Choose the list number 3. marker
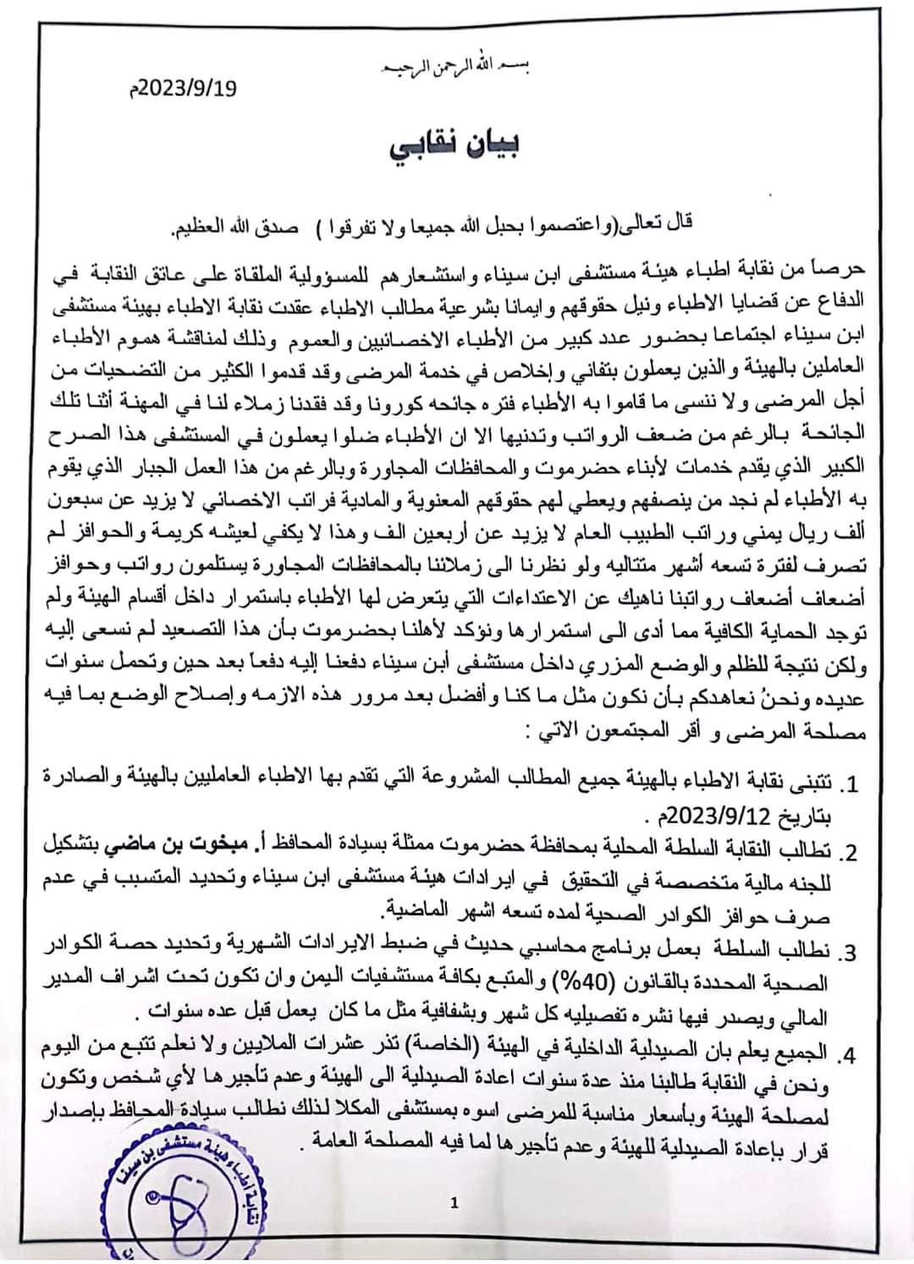coord(848,952)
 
